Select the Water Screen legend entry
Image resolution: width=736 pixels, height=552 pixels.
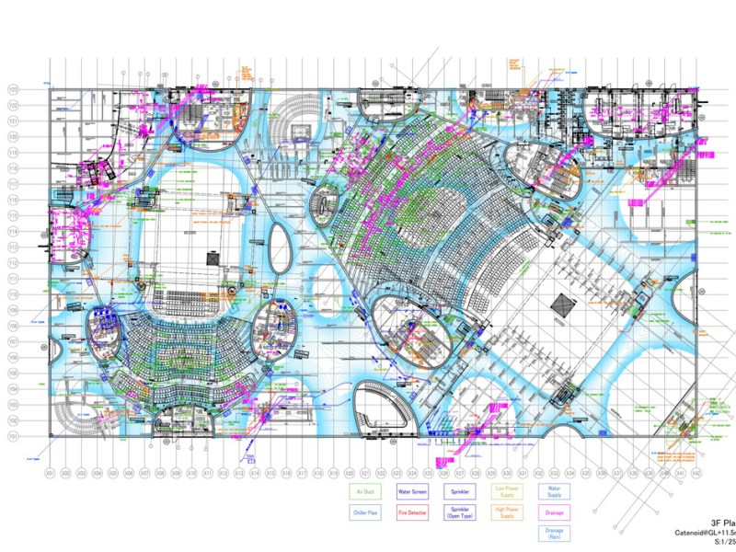(x=413, y=492)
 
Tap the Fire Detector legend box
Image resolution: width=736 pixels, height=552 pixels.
(x=413, y=512)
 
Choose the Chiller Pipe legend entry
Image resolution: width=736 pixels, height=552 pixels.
(x=364, y=512)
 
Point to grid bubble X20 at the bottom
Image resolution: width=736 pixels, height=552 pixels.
(x=350, y=473)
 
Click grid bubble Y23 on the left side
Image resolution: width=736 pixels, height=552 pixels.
(x=14, y=89)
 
